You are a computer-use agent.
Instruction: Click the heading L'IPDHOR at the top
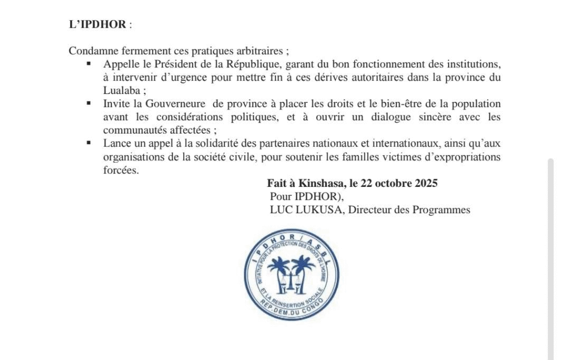(98, 25)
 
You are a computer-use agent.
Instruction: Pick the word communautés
(131, 131)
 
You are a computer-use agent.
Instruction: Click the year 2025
(426, 183)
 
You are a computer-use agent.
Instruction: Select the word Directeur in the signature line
(370, 210)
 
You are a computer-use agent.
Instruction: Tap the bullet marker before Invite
(89, 103)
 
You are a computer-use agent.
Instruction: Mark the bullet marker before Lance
(89, 143)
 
